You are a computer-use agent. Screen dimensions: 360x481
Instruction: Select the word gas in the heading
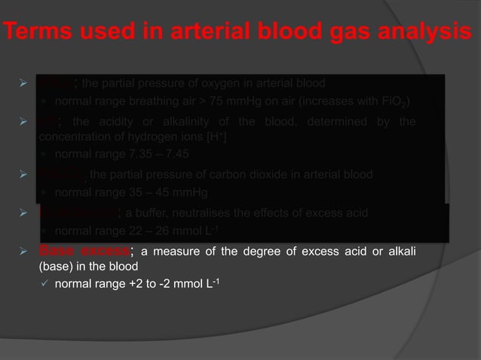click(x=332, y=33)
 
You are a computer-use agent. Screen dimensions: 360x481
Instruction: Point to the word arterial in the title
click(x=196, y=33)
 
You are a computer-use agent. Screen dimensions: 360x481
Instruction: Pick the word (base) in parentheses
click(x=54, y=266)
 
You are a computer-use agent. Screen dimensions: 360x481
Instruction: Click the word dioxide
click(x=280, y=175)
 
